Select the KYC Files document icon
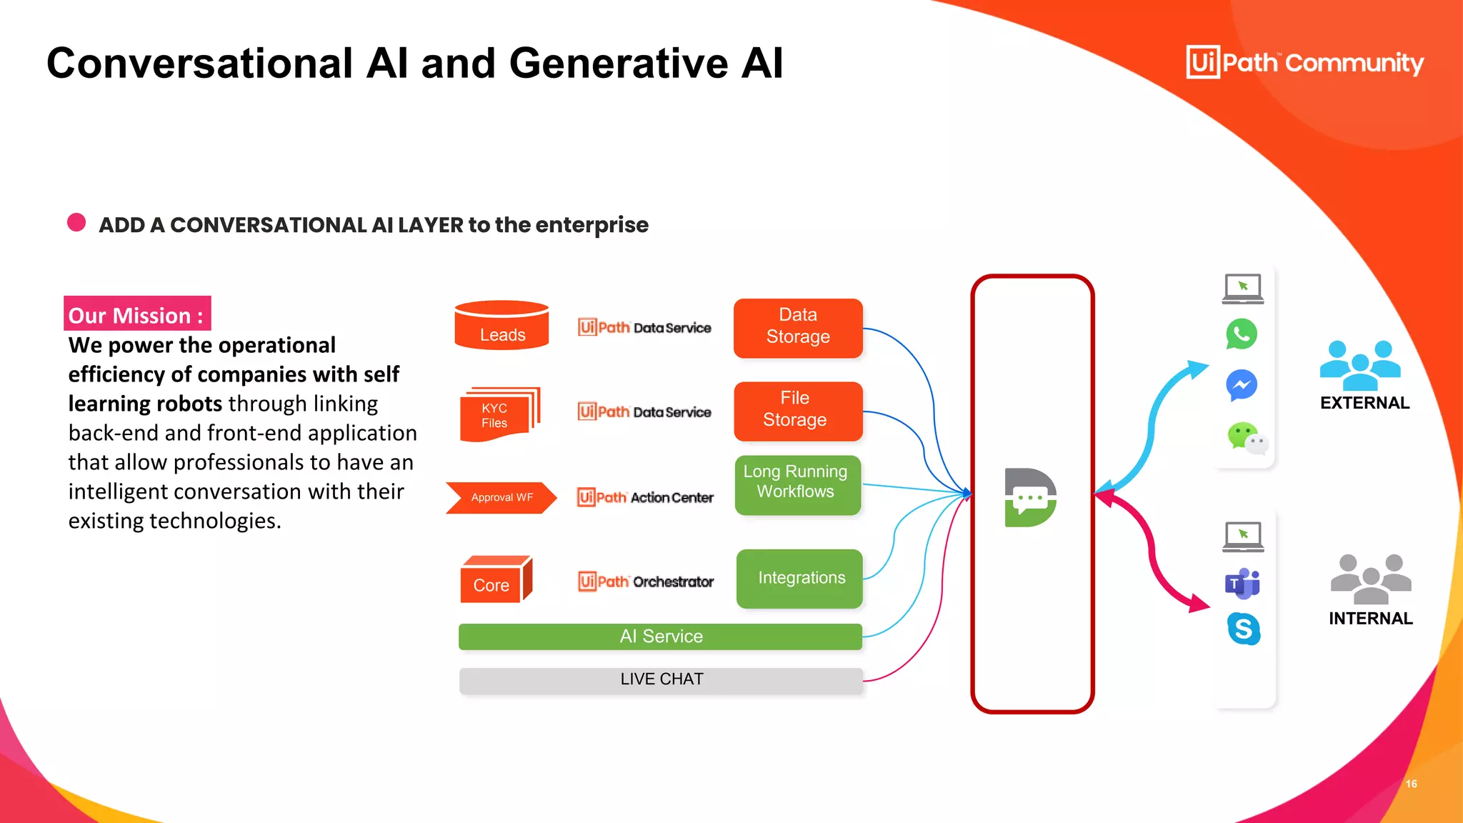pyautogui.click(x=498, y=414)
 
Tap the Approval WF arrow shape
pyautogui.click(x=501, y=497)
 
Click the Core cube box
pyautogui.click(x=495, y=580)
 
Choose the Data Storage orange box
pyautogui.click(x=798, y=327)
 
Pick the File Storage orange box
pyautogui.click(x=797, y=410)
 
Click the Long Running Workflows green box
pyautogui.click(x=797, y=484)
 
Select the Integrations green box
pyautogui.click(x=799, y=578)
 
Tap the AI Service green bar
pyautogui.click(x=660, y=636)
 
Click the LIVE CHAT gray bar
pyautogui.click(x=660, y=679)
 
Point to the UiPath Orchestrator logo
pyautogui.click(x=646, y=582)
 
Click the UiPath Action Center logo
pyautogui.click(x=645, y=497)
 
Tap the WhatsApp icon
pyautogui.click(x=1242, y=334)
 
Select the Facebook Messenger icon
pyautogui.click(x=1242, y=385)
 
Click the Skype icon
pyautogui.click(x=1243, y=629)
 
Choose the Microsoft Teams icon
pyautogui.click(x=1242, y=584)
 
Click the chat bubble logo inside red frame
pyautogui.click(x=1030, y=497)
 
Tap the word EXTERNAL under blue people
pyautogui.click(x=1364, y=403)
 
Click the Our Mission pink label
pyautogui.click(x=136, y=314)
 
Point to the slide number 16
pyautogui.click(x=1411, y=784)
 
